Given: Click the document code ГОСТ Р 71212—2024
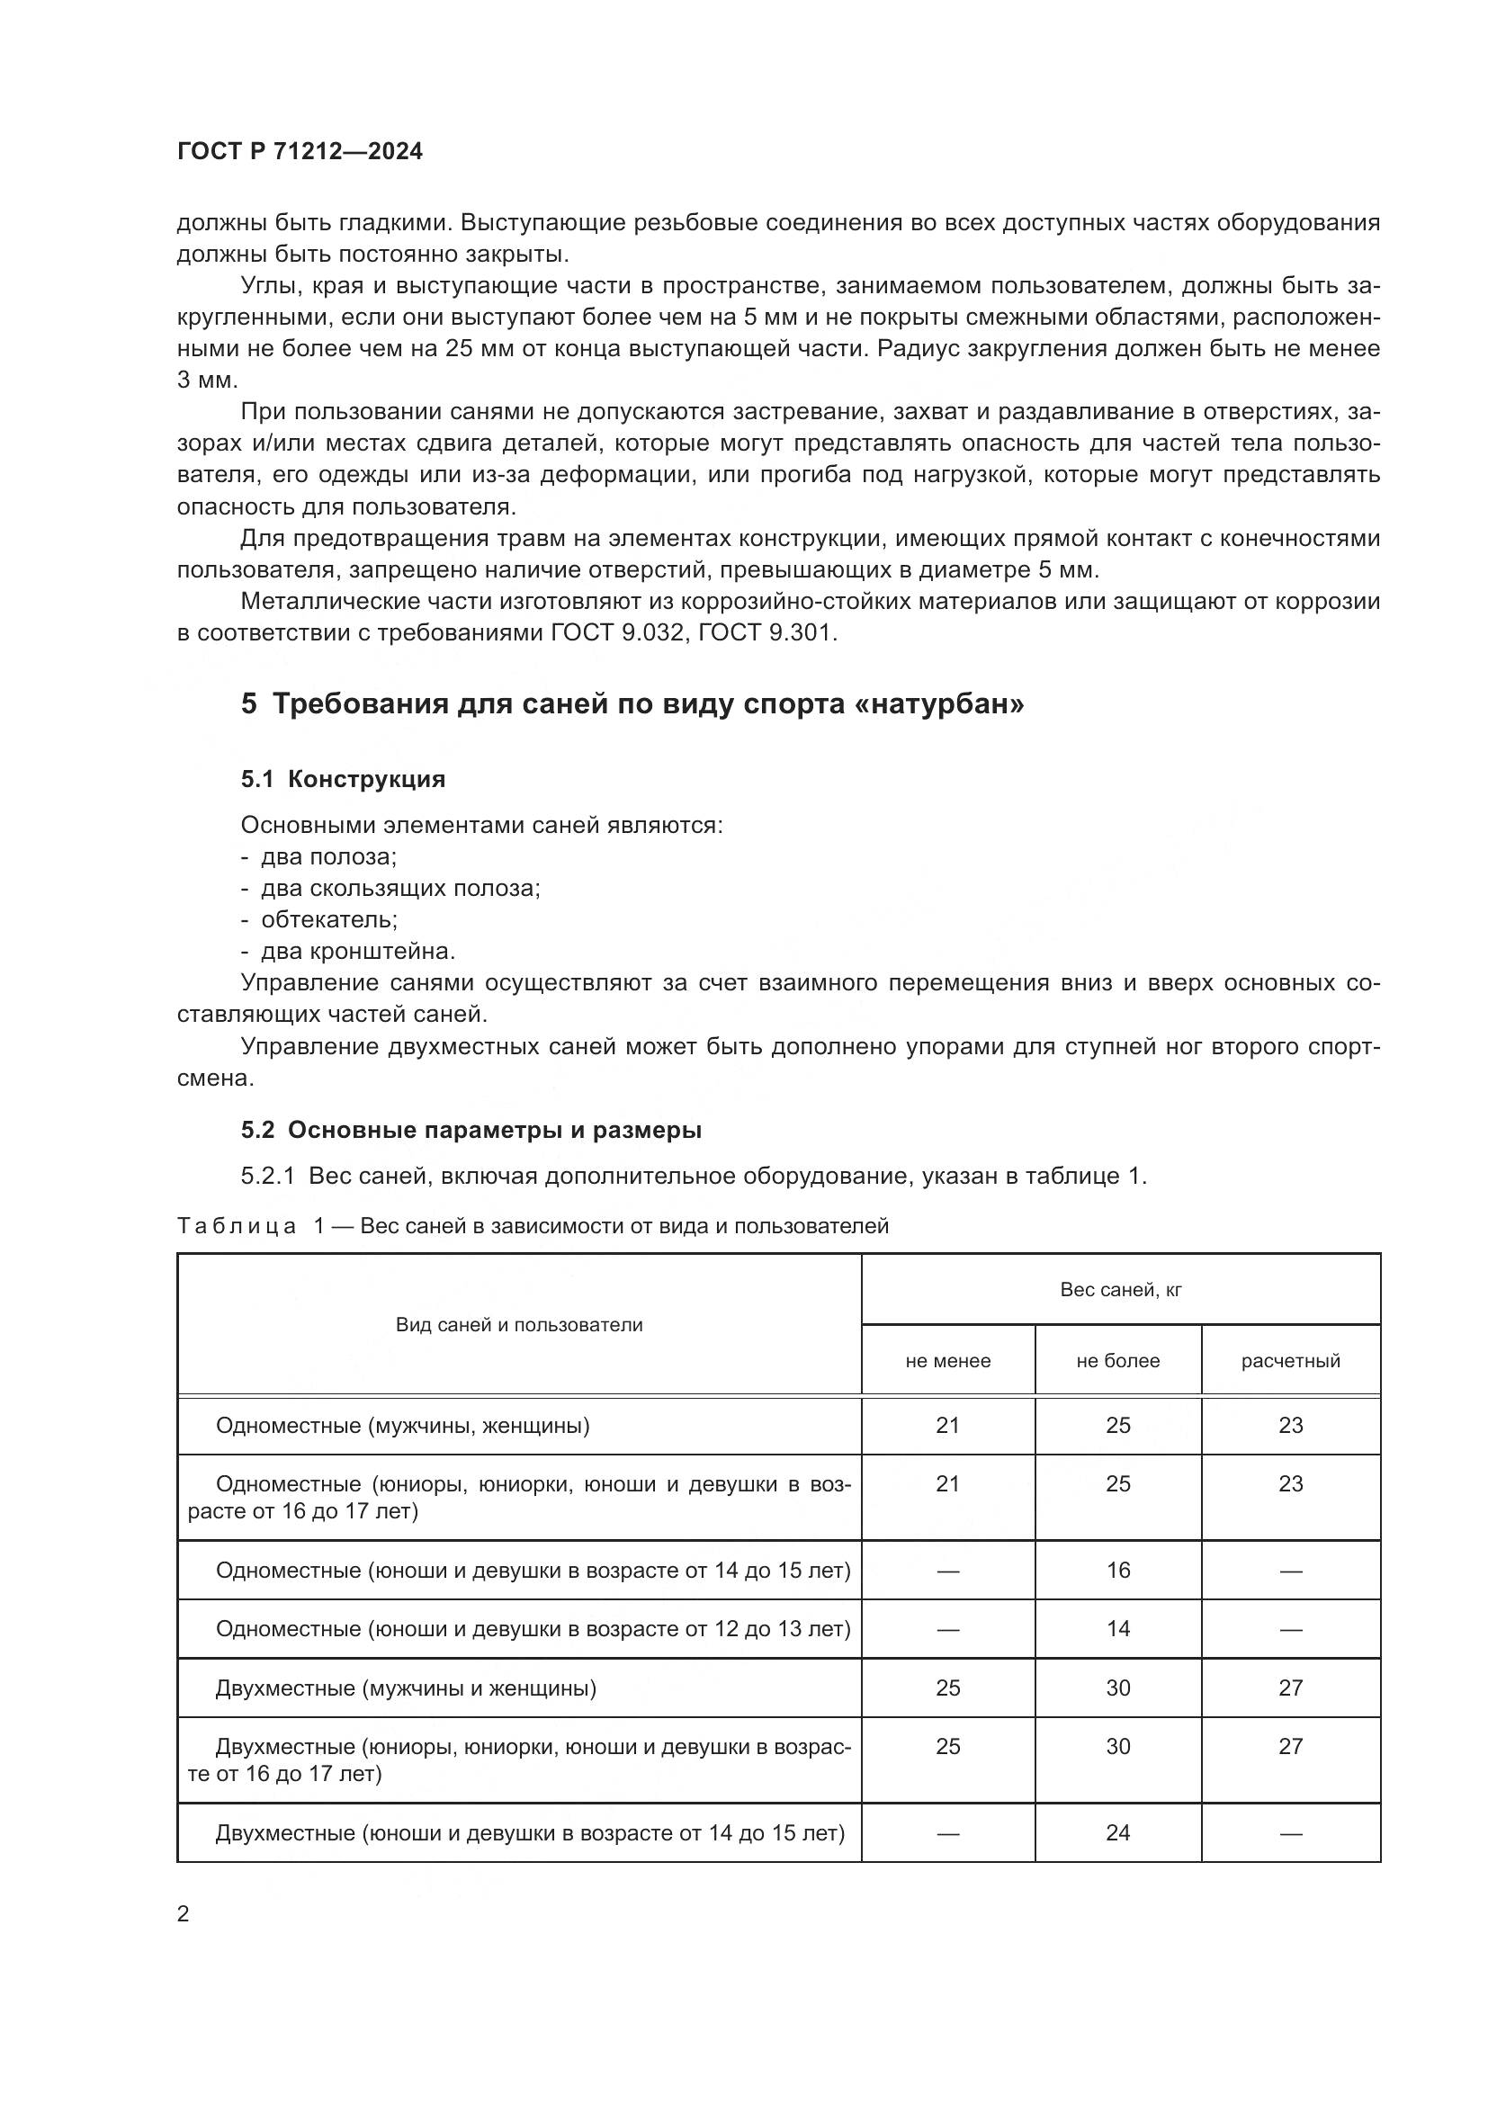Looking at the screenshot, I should [x=300, y=151].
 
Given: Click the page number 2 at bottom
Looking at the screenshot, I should [x=184, y=1913].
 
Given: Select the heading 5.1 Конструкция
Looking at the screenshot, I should [x=343, y=779].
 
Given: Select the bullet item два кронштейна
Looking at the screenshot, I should [x=358, y=951].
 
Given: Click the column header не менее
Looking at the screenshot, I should [x=947, y=1361].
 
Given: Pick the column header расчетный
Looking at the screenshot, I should [x=1290, y=1361].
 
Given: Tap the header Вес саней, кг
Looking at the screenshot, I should [x=1120, y=1289].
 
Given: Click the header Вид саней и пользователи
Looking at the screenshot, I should [x=518, y=1324].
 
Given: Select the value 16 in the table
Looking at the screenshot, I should [x=1118, y=1570].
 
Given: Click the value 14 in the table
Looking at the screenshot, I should [x=1118, y=1628].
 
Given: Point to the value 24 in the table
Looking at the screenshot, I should [x=1118, y=1831].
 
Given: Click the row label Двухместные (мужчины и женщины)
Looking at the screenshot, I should [x=406, y=1687].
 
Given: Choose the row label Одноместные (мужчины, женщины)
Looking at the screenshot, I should [x=402, y=1425].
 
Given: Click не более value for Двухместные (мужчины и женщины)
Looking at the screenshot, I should [x=1118, y=1687].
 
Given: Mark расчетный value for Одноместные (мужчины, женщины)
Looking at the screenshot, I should [x=1290, y=1425].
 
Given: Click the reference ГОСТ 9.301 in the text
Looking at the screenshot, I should [x=766, y=632].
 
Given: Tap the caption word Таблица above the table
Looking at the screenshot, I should [x=237, y=1226].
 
